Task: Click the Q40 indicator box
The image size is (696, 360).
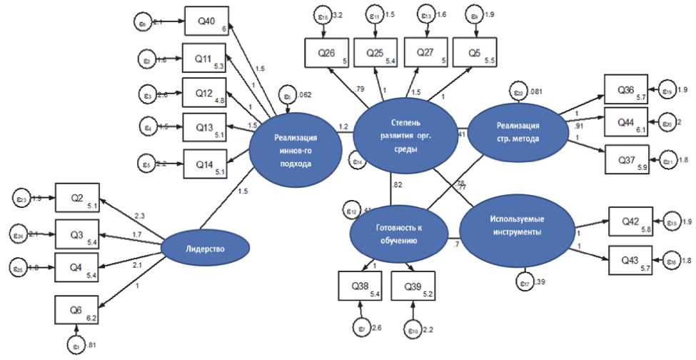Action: [x=205, y=21]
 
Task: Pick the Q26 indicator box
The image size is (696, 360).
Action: [x=326, y=55]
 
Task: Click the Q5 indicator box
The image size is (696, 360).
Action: [x=474, y=55]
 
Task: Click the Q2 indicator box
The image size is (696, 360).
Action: [x=78, y=198]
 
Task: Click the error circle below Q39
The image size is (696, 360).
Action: [x=412, y=331]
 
